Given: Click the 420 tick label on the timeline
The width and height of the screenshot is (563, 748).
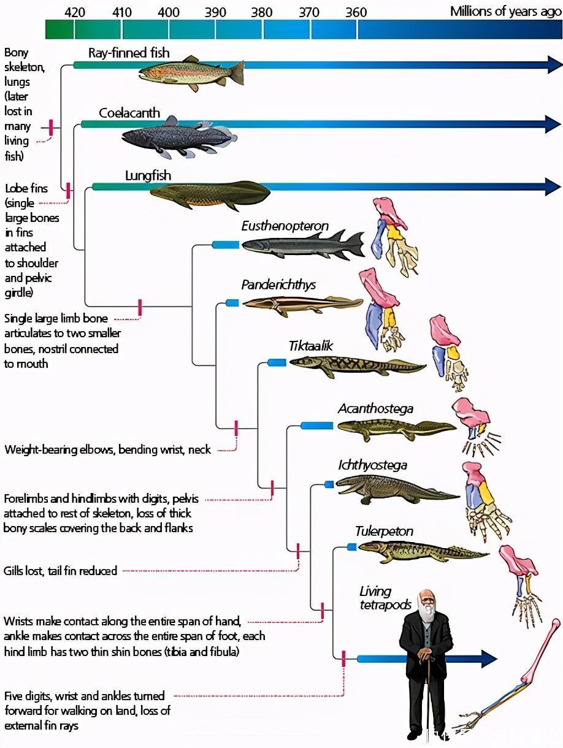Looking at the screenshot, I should point(75,12).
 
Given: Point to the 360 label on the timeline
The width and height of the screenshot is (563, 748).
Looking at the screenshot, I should point(356,12).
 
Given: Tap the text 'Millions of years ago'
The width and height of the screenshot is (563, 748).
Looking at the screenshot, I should point(505,12).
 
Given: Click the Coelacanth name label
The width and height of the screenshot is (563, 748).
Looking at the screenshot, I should point(129,113).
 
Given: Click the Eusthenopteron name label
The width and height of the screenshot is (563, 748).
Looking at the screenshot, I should point(285,226).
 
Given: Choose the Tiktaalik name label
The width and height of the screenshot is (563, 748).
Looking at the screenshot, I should point(310,346).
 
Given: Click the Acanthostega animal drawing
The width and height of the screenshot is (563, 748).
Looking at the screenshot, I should point(396,429).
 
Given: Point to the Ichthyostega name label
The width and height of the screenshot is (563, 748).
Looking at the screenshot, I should point(372,465).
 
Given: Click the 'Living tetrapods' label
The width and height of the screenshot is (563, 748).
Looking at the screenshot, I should point(385,598).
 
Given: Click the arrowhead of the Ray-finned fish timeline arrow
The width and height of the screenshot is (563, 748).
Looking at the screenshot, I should point(554,64).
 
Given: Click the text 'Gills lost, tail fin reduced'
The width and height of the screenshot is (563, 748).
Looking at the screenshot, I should point(60,571).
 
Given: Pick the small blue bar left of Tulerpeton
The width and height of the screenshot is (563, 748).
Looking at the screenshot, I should point(351,546).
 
